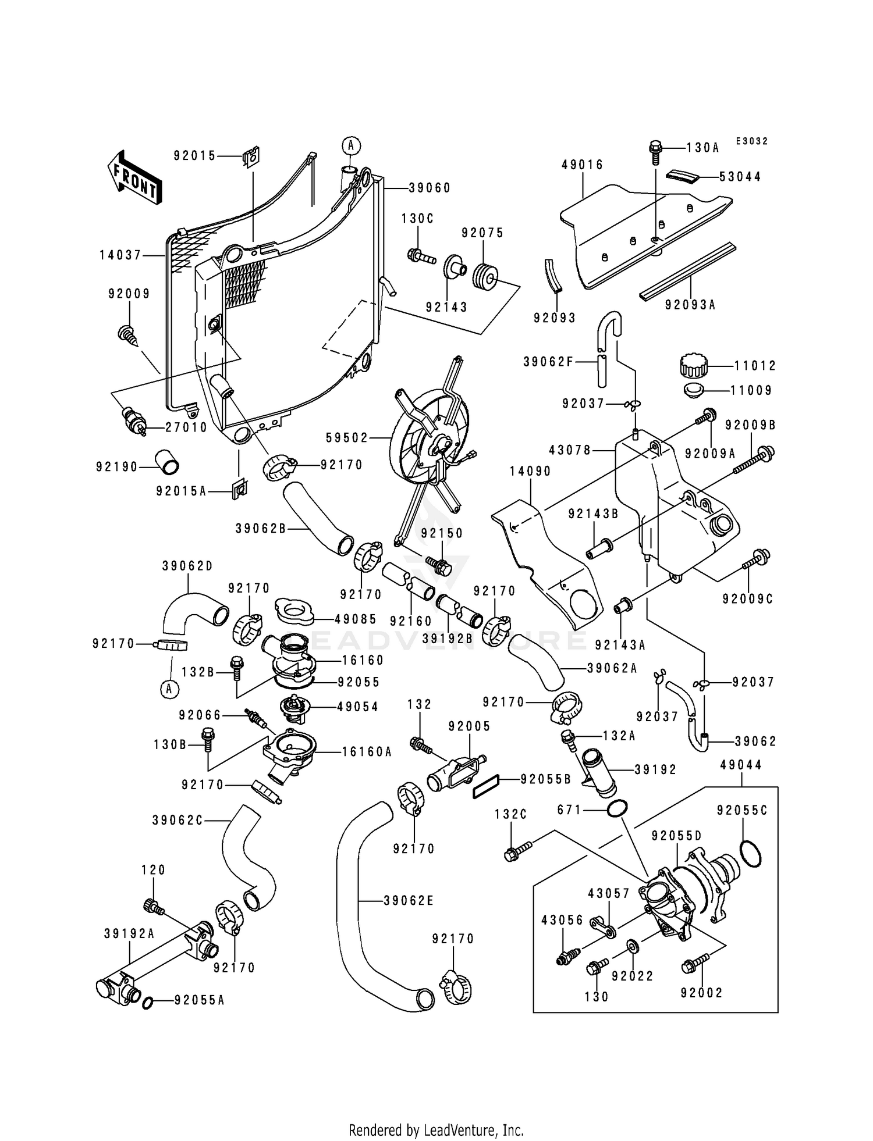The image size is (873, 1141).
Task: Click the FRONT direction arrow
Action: [x=134, y=177]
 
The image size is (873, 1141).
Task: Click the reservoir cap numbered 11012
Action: [x=693, y=366]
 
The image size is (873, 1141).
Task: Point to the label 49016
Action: [x=583, y=165]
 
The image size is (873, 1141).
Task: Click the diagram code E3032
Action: [x=751, y=141]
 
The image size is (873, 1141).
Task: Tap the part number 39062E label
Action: [x=409, y=901]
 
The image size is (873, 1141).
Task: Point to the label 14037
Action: [x=120, y=255]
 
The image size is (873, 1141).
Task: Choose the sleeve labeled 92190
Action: [x=166, y=462]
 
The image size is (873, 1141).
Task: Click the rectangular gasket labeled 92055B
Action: [x=487, y=790]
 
